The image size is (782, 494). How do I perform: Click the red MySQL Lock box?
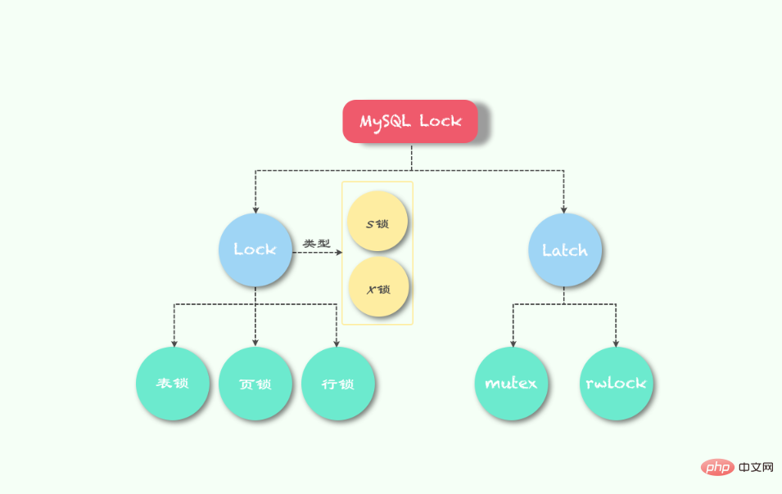click(x=410, y=121)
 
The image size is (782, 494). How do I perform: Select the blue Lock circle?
click(x=255, y=250)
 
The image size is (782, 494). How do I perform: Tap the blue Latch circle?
click(x=564, y=250)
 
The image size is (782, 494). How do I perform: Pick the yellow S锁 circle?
click(x=377, y=221)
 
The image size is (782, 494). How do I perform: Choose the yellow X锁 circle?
click(x=378, y=287)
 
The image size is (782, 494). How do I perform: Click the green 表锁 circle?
click(x=173, y=384)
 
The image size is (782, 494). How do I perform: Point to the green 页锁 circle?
click(x=255, y=384)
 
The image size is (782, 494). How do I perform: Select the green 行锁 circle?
click(x=337, y=384)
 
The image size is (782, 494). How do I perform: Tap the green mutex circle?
click(x=511, y=384)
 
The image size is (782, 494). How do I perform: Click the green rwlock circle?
click(x=616, y=384)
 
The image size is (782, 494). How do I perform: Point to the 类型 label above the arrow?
click(x=317, y=244)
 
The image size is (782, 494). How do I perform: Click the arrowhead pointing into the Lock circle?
click(x=255, y=210)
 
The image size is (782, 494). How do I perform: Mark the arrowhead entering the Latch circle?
click(x=563, y=210)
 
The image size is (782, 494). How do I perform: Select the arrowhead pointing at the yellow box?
click(x=339, y=253)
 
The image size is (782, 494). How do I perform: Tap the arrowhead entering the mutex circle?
click(x=513, y=344)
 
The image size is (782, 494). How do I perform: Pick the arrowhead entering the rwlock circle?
click(x=616, y=344)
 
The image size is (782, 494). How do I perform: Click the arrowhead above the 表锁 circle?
click(x=174, y=344)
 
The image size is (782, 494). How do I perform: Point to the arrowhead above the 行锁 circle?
click(x=337, y=344)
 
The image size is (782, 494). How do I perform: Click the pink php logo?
click(x=717, y=467)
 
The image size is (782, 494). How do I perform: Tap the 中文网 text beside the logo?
click(x=756, y=467)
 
